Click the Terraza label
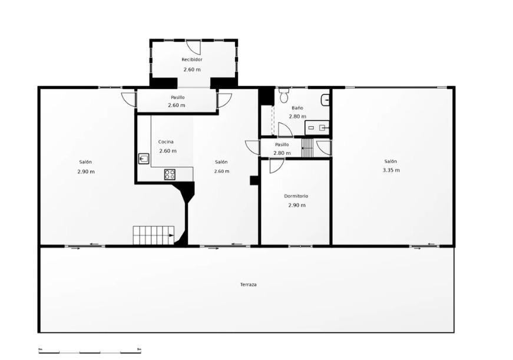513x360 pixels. pyautogui.click(x=249, y=285)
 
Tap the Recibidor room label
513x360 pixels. pyautogui.click(x=192, y=60)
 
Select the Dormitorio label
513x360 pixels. pyautogui.click(x=296, y=196)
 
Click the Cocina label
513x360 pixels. pyautogui.click(x=166, y=142)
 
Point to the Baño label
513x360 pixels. pyautogui.click(x=297, y=108)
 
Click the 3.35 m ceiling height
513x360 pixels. pyautogui.click(x=391, y=170)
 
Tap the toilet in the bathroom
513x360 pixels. pyautogui.click(x=284, y=95)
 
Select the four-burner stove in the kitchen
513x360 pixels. pyautogui.click(x=170, y=174)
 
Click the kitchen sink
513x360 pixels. pyautogui.click(x=144, y=158)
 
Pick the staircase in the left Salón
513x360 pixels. pyautogui.click(x=154, y=235)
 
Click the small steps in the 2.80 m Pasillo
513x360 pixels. pyautogui.click(x=307, y=148)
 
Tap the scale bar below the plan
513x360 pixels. pyautogui.click(x=90, y=351)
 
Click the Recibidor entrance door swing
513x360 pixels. pyautogui.click(x=193, y=47)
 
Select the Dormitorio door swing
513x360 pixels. pyautogui.click(x=277, y=166)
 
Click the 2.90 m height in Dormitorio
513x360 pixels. pyautogui.click(x=297, y=205)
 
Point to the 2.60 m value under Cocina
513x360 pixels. pyautogui.click(x=168, y=151)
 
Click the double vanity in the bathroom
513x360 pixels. pyautogui.click(x=317, y=128)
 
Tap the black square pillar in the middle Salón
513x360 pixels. pyautogui.click(x=254, y=181)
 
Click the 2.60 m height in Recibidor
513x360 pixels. pyautogui.click(x=192, y=70)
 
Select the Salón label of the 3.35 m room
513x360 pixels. pyautogui.click(x=390, y=161)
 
